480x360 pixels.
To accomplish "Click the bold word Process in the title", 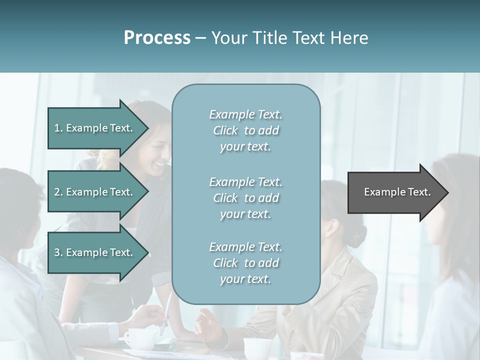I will point(157,38).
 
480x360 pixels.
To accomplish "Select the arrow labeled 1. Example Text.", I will point(95,128).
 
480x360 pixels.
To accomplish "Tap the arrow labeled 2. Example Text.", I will point(95,192).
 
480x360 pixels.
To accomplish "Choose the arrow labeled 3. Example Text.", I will point(95,252).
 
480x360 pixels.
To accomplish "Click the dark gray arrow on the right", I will point(395,192).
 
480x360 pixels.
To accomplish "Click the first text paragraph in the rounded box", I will point(245,130).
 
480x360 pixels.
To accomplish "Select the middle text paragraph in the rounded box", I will point(245,197).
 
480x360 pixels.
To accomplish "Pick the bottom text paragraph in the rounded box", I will point(245,262).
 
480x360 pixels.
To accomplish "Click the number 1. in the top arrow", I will point(58,128).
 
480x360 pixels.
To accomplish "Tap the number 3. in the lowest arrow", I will point(58,252).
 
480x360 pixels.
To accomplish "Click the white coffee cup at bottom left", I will point(134,339).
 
